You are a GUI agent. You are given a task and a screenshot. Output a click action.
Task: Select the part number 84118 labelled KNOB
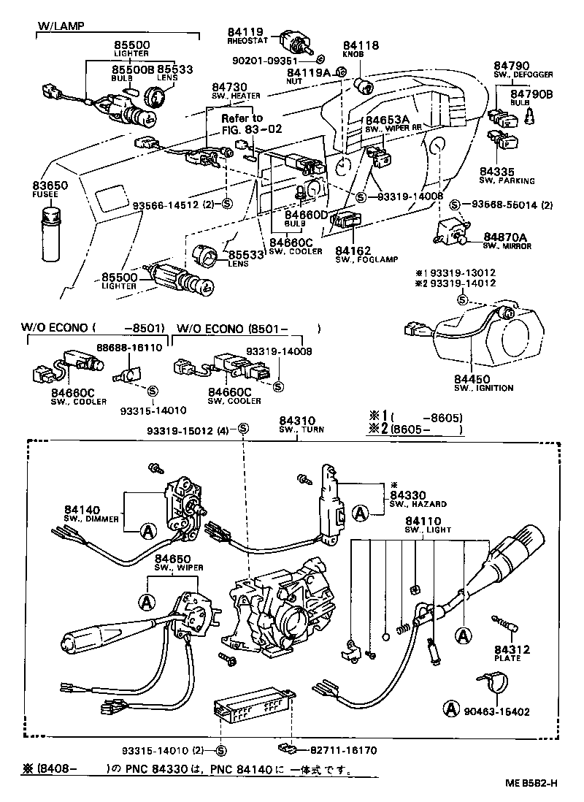point(361,45)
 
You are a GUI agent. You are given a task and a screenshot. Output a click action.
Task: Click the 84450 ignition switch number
point(474,379)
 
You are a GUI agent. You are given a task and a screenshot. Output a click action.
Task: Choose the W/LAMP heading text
point(60,26)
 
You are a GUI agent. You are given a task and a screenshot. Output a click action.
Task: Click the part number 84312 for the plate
point(511,649)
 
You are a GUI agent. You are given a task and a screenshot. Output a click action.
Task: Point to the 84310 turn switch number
point(297,420)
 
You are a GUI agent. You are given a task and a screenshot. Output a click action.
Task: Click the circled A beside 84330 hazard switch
point(360,513)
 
